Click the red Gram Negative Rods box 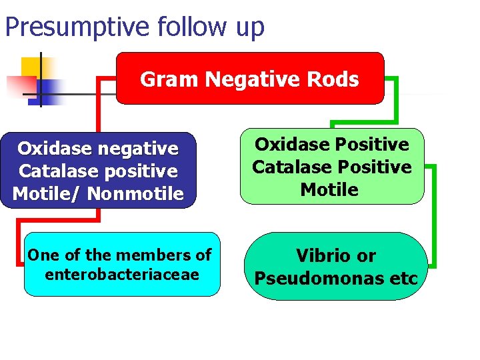point(250,79)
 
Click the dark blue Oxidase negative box point(98,170)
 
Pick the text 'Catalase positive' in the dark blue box point(98,171)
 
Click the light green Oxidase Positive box point(331,166)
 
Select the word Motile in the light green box point(329,190)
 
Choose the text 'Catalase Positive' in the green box point(331,167)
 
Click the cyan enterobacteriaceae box point(122,264)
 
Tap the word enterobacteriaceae point(122,274)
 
